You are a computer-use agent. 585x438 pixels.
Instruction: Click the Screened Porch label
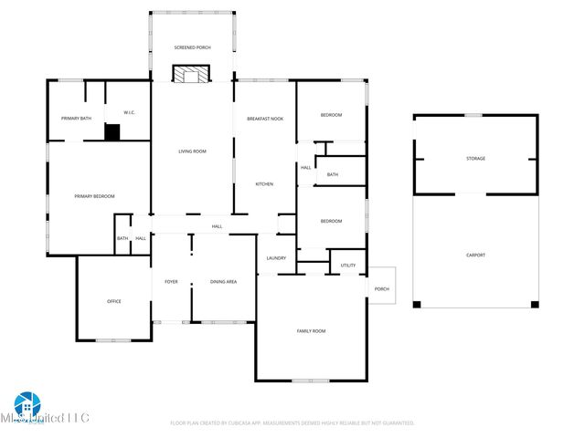192,47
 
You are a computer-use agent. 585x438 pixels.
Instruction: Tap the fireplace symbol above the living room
191,75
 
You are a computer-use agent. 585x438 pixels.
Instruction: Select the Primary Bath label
76,119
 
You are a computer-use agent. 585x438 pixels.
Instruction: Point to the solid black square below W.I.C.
112,132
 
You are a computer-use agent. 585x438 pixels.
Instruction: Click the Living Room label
192,151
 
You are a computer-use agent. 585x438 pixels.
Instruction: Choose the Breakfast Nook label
264,119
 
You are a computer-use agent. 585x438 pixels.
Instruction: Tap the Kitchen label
264,184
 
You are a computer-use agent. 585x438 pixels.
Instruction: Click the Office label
113,301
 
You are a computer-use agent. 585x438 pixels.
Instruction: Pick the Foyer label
171,282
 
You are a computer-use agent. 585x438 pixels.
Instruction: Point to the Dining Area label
223,282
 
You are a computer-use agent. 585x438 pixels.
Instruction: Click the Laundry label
276,258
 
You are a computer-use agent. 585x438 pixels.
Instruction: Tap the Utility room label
347,266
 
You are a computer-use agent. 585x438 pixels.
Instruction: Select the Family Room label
311,330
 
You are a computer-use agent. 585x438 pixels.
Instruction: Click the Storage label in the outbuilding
475,159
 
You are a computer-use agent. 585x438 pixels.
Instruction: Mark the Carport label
475,255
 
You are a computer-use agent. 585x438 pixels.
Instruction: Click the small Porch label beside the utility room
382,289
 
